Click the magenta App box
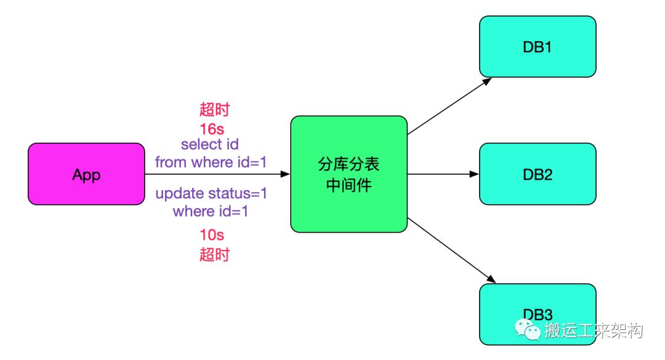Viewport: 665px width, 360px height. coord(87,174)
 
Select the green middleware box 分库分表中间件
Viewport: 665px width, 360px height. coord(349,174)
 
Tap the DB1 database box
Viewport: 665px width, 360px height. coord(538,47)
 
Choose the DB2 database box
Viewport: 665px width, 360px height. coord(538,174)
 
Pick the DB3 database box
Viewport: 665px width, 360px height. coord(538,314)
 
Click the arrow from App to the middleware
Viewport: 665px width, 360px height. coord(217,174)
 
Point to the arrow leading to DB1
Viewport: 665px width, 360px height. coord(449,106)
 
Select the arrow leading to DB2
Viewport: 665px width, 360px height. coord(443,174)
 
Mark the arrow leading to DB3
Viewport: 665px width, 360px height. coord(452,250)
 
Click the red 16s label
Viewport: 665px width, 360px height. coord(212,129)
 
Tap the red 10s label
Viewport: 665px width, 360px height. coord(212,234)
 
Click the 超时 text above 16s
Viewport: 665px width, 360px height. coord(214,110)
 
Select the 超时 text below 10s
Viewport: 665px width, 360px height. coord(214,254)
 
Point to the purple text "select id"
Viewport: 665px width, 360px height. coord(210,144)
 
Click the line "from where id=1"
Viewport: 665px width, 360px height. coord(211,162)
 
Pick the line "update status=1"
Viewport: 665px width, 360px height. coord(211,194)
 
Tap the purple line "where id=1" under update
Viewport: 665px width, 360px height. coord(211,211)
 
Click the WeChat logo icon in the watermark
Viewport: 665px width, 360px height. coord(527,330)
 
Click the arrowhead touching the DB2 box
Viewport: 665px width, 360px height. coord(475,174)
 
